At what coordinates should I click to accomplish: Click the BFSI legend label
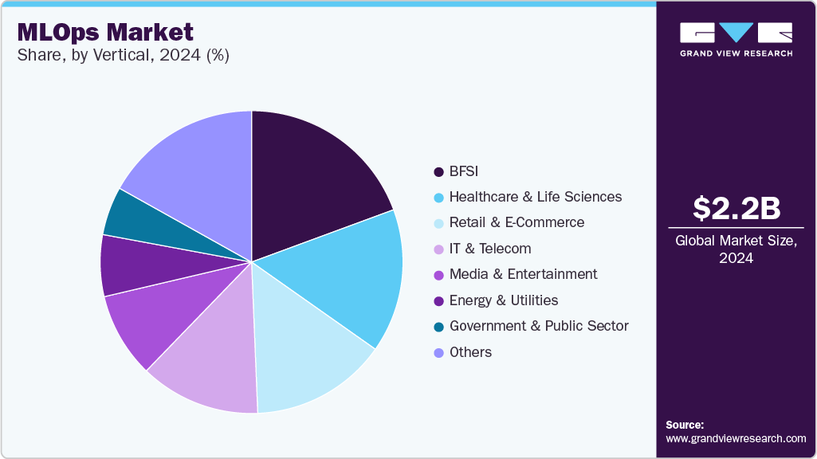pyautogui.click(x=464, y=171)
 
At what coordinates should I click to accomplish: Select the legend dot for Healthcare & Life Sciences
pyautogui.click(x=438, y=197)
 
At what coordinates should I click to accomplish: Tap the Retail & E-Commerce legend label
pyautogui.click(x=517, y=222)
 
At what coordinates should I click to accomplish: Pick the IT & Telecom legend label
pyautogui.click(x=490, y=249)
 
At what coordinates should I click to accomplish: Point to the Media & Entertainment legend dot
pyautogui.click(x=438, y=274)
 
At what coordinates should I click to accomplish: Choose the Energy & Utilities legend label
pyautogui.click(x=504, y=300)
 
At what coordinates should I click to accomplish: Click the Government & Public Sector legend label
pyautogui.click(x=539, y=326)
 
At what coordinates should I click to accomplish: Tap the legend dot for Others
pyautogui.click(x=438, y=352)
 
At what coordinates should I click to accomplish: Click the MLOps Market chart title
pyautogui.click(x=105, y=32)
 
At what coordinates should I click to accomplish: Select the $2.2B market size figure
pyautogui.click(x=736, y=208)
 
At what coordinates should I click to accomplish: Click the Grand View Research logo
pyautogui.click(x=736, y=38)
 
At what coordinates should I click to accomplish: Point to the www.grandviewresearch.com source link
pyautogui.click(x=736, y=438)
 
